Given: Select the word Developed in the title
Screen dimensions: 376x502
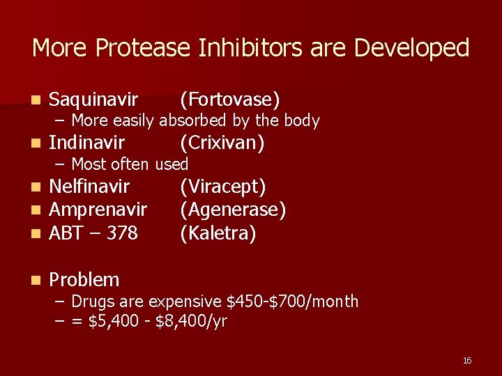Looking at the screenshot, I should click(412, 48).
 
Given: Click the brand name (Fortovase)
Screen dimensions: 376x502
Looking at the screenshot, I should click(229, 100).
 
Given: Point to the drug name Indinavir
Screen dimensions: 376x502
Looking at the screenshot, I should click(87, 143).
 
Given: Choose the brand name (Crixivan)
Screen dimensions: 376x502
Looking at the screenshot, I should click(222, 143).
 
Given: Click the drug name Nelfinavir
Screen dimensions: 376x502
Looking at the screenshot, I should click(89, 187).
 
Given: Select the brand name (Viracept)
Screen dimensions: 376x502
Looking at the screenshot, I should click(222, 187).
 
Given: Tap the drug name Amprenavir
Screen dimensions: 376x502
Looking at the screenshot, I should click(98, 210).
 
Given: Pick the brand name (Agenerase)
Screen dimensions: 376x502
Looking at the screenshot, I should click(233, 210).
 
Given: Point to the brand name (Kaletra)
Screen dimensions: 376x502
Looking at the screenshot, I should click(218, 233).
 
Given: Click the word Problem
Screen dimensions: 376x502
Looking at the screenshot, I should click(84, 280).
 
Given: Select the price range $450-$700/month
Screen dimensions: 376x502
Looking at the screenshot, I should click(293, 301).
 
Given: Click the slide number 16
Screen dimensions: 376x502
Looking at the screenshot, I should click(466, 360).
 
